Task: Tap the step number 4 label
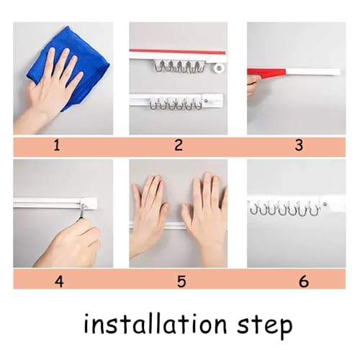(59, 281)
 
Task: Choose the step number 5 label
(181, 281)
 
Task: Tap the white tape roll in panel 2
(217, 68)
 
